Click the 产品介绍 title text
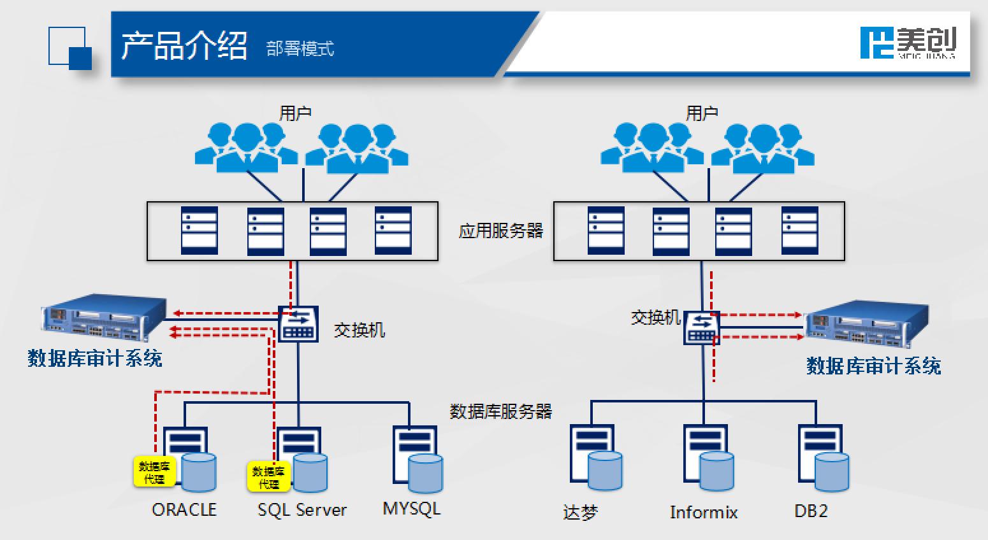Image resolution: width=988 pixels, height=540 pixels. [184, 46]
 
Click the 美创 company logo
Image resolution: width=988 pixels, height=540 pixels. [908, 43]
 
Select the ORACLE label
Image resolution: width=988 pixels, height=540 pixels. [184, 509]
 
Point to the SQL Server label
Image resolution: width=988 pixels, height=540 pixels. [302, 510]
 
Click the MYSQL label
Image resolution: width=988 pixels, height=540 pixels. [411, 509]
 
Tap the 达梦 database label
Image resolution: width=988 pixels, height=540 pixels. [580, 512]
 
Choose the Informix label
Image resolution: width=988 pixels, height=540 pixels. [704, 512]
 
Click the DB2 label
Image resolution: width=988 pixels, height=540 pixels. [811, 511]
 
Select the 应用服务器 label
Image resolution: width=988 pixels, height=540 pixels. [500, 231]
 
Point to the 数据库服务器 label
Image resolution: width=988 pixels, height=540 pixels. [500, 411]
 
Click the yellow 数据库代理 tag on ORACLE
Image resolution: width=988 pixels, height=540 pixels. [154, 472]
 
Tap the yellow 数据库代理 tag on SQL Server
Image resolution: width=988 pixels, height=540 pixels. [268, 477]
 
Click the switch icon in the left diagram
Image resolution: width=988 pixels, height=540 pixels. [298, 323]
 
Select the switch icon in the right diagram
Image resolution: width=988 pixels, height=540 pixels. [702, 328]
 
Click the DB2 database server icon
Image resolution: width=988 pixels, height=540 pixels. [823, 458]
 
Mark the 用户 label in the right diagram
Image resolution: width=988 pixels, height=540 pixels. [702, 113]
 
